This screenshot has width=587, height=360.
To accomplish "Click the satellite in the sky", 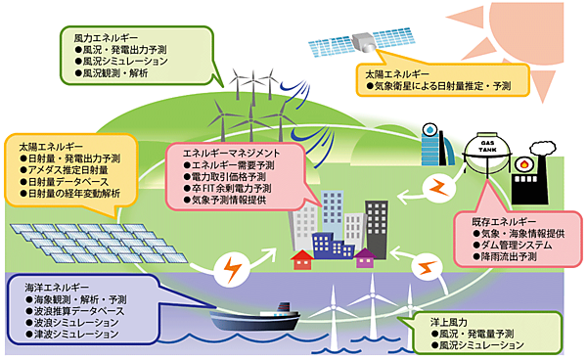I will click(x=354, y=40).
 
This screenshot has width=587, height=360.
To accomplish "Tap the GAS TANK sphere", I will click(x=486, y=157).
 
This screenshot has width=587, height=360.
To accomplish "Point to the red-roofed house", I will click(x=303, y=258).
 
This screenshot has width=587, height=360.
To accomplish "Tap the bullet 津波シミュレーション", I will click(x=79, y=335).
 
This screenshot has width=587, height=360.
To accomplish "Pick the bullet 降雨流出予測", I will click(x=518, y=258).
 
